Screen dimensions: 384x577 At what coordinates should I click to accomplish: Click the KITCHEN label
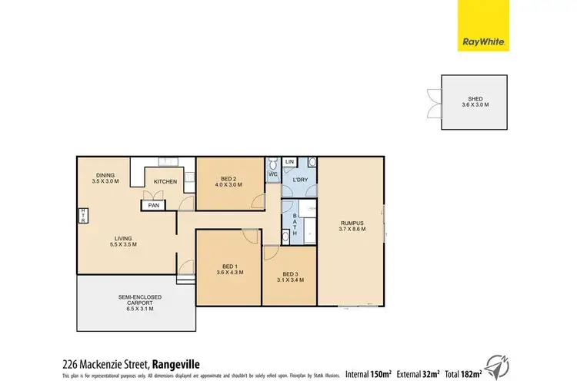[165, 181]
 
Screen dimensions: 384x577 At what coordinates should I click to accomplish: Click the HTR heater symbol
[82, 217]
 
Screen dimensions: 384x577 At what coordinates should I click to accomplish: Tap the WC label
[273, 176]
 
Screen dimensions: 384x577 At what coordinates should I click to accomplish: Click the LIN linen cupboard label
[290, 162]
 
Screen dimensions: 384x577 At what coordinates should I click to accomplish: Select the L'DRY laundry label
[301, 180]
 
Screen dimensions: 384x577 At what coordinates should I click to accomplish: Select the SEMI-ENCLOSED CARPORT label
[134, 300]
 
